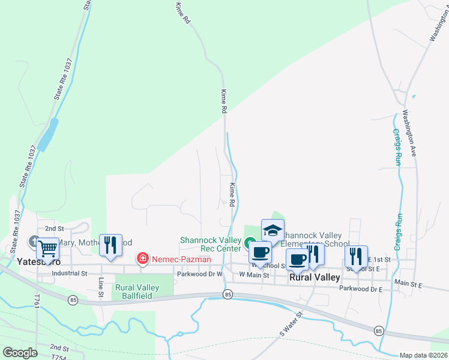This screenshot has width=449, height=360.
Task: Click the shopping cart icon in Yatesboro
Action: tap(47, 248)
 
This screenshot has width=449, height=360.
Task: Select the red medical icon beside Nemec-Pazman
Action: tap(143, 259)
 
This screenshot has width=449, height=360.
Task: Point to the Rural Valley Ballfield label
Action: tap(137, 292)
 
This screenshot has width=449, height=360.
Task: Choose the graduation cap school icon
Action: tap(273, 231)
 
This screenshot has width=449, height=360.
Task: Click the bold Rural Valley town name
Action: tap(315, 278)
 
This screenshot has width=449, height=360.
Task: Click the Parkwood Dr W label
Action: tap(200, 274)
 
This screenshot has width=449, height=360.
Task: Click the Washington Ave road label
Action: tap(409, 132)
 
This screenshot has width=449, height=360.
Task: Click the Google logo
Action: tap(20, 353)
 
